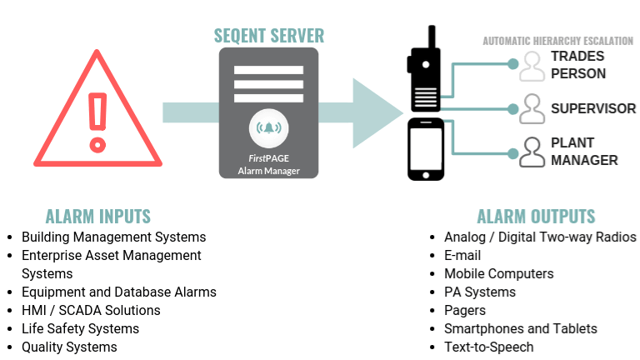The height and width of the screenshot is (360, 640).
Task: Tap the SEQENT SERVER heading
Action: click(268, 36)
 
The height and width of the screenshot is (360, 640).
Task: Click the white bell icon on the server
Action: click(268, 127)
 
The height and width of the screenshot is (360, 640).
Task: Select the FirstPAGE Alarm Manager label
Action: click(268, 164)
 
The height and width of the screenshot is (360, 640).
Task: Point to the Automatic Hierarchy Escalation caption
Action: click(557, 41)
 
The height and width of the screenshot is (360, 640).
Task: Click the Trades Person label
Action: click(577, 65)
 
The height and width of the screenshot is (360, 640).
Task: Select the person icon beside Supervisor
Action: click(532, 108)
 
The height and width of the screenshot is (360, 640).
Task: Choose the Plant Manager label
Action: click(584, 152)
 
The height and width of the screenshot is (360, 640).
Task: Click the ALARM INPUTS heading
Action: click(98, 217)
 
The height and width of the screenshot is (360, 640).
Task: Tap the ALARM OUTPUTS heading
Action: click(536, 217)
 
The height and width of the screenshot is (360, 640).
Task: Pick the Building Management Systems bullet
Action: click(113, 237)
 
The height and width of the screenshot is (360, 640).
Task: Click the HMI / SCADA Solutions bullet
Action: click(91, 311)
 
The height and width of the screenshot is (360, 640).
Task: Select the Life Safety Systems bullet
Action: click(80, 329)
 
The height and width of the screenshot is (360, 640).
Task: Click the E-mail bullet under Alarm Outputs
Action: click(462, 256)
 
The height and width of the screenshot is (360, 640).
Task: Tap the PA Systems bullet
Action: click(479, 292)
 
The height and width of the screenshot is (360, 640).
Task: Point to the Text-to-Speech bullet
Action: click(488, 347)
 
